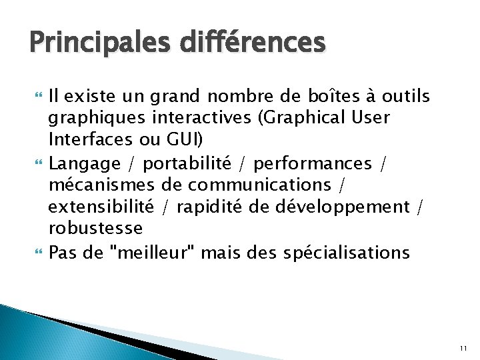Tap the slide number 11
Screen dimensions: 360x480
(463, 348)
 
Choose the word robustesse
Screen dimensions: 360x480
(95, 228)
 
